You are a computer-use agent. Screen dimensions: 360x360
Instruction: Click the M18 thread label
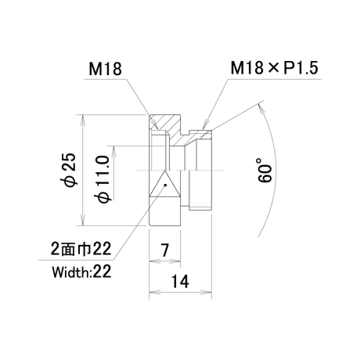pyautogui.click(x=105, y=69)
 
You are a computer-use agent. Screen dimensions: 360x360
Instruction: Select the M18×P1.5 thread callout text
pyautogui.click(x=275, y=68)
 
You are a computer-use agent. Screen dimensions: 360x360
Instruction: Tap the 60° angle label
pyautogui.click(x=265, y=170)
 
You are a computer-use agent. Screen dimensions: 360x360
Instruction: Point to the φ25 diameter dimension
pyautogui.click(x=70, y=170)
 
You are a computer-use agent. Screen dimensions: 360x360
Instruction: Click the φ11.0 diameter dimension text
pyautogui.click(x=103, y=178)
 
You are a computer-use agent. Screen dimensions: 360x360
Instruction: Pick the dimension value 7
pyautogui.click(x=164, y=250)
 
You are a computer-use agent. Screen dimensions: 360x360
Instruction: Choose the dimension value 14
pyautogui.click(x=180, y=282)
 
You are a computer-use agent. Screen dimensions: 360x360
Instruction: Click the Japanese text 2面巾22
pyautogui.click(x=81, y=249)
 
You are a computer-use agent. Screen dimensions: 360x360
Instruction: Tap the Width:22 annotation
pyautogui.click(x=81, y=272)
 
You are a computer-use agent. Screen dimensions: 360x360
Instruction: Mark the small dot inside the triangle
pyautogui.click(x=165, y=185)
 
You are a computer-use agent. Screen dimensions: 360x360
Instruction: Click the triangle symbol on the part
pyautogui.click(x=164, y=184)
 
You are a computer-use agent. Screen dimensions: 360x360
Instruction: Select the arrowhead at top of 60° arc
pyautogui.click(x=261, y=107)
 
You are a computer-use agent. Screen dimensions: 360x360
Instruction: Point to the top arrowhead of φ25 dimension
pyautogui.click(x=83, y=119)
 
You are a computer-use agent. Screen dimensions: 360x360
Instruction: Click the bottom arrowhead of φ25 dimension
pyautogui.click(x=83, y=221)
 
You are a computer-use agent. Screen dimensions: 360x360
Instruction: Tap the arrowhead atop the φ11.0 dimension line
pyautogui.click(x=113, y=150)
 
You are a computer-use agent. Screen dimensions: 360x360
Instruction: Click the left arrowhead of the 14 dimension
pyautogui.click(x=154, y=292)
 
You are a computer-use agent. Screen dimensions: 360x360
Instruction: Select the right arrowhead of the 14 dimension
pyautogui.click(x=207, y=292)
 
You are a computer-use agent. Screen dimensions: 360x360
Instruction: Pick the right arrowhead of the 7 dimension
pyautogui.click(x=176, y=261)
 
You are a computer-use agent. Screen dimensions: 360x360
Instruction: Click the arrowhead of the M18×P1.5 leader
pyautogui.click(x=206, y=126)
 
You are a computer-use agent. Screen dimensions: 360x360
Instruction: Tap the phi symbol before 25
pyautogui.click(x=71, y=182)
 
